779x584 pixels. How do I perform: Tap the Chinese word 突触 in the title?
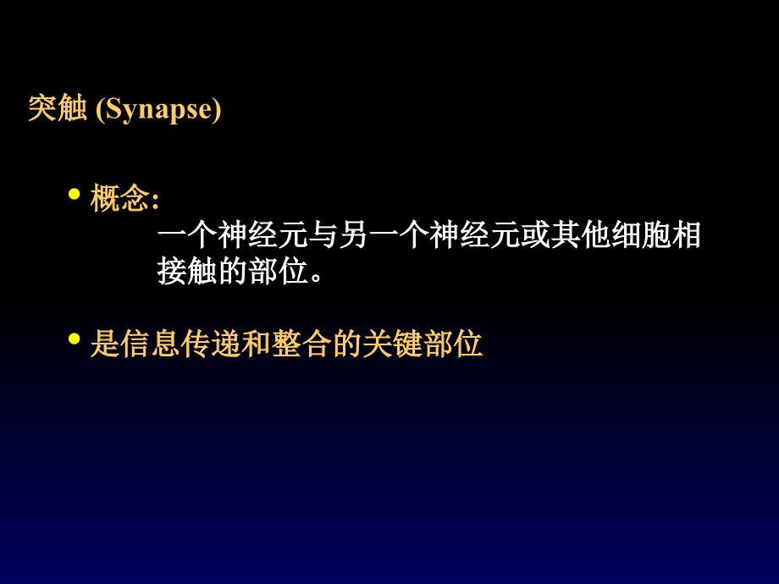(x=58, y=109)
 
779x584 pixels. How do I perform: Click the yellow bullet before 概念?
(x=74, y=195)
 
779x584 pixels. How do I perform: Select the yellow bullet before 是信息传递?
(x=74, y=339)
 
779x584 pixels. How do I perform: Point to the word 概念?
(x=120, y=199)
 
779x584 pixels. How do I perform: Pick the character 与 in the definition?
(x=324, y=235)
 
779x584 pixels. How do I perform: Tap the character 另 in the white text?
(x=354, y=235)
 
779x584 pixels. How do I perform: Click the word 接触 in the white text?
(x=188, y=271)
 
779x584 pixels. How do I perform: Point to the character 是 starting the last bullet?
(x=105, y=344)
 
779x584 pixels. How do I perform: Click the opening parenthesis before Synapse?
(x=98, y=110)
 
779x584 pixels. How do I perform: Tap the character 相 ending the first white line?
(x=686, y=235)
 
